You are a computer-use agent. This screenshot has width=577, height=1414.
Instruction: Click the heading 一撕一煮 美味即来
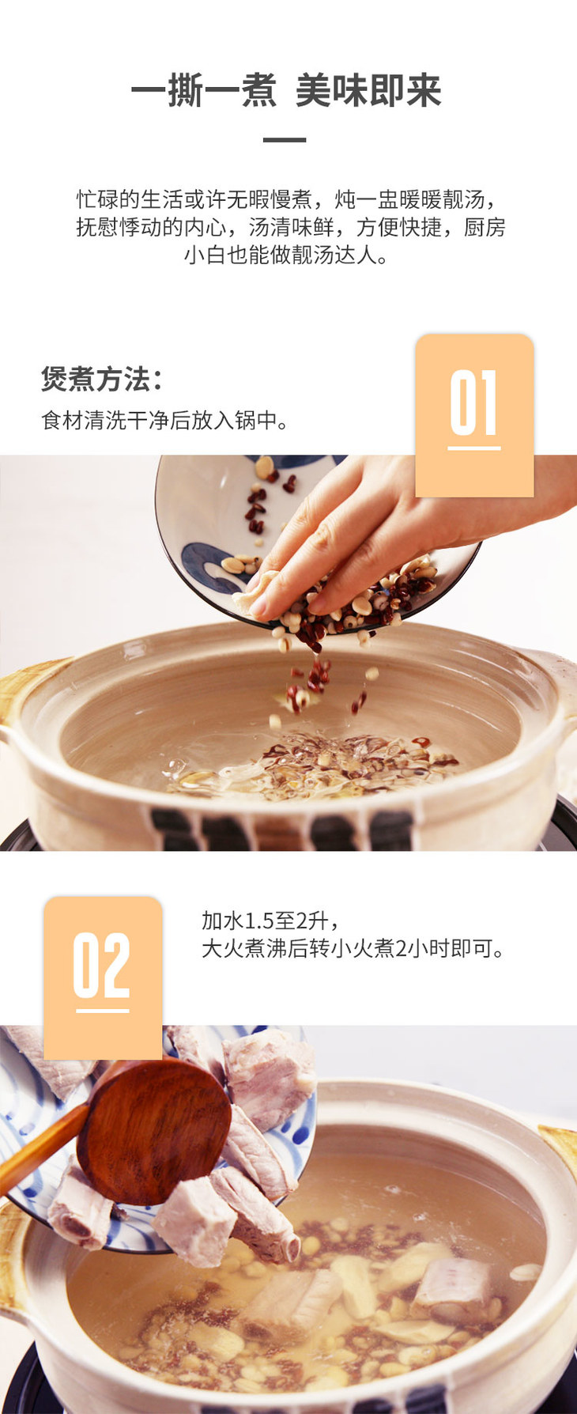click(x=286, y=91)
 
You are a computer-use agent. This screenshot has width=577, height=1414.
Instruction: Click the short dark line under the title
click(x=285, y=140)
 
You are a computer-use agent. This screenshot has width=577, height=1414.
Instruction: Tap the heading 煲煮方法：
click(x=102, y=380)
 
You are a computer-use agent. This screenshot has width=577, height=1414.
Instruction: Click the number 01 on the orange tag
click(x=474, y=403)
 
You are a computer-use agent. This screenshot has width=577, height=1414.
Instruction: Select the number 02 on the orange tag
click(x=102, y=966)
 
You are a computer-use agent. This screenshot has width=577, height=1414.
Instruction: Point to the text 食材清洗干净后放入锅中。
click(x=165, y=420)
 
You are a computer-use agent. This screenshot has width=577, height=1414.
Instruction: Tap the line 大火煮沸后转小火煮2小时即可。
click(x=353, y=948)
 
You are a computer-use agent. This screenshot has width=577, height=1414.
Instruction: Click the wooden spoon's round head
click(x=154, y=1132)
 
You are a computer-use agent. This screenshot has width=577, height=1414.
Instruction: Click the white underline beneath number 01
click(x=474, y=448)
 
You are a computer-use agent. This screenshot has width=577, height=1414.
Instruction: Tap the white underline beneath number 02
click(x=102, y=1011)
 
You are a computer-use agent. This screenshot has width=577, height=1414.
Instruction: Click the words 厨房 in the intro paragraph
click(x=485, y=228)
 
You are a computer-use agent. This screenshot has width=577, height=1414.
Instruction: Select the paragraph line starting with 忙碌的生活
click(x=290, y=199)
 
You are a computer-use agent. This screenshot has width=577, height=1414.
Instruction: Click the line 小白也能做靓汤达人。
click(x=287, y=256)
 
